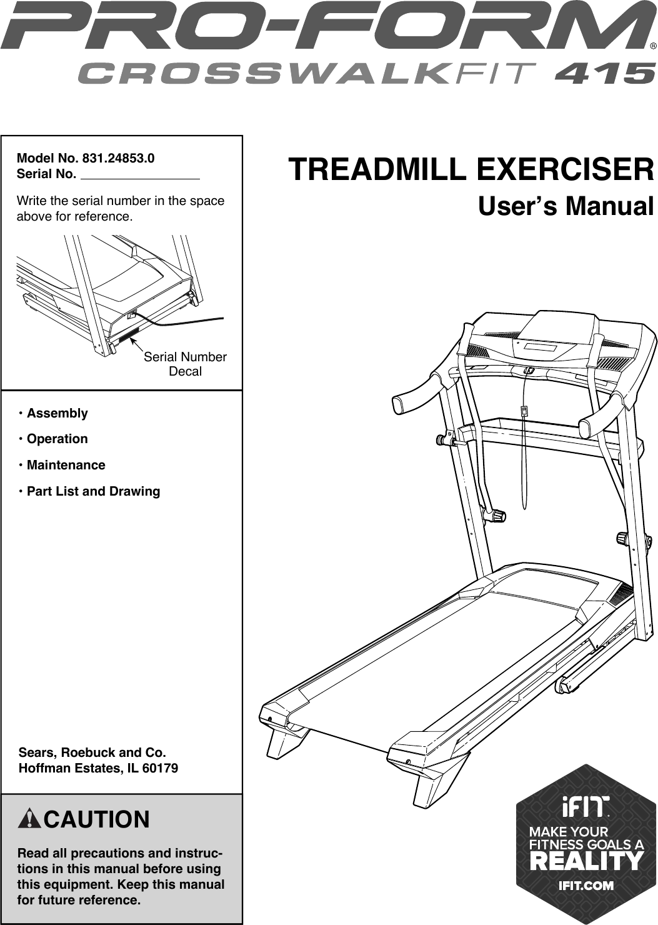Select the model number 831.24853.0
[x=114, y=158]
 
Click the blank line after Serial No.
[x=140, y=175]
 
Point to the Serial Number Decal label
[x=185, y=364]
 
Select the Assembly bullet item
[x=57, y=413]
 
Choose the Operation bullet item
[x=57, y=439]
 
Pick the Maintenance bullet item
[x=66, y=465]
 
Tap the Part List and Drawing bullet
[x=93, y=491]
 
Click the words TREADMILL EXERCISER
[x=471, y=170]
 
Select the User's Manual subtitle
[x=566, y=206]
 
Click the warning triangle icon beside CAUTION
[x=30, y=819]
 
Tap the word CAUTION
[x=97, y=819]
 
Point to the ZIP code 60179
[x=160, y=768]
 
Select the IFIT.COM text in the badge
[x=586, y=886]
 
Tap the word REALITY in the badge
[x=586, y=862]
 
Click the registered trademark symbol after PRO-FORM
[x=652, y=46]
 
